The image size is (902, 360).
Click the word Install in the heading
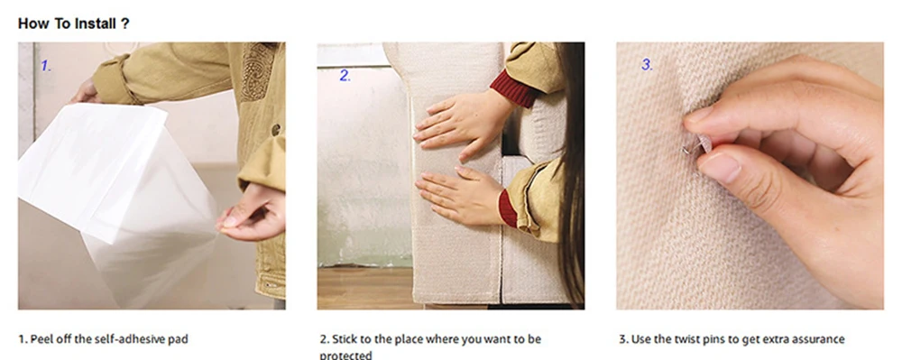(x=95, y=23)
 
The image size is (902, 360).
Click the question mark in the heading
(x=125, y=23)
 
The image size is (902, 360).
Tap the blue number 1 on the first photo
(x=45, y=66)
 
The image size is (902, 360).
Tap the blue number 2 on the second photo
(x=345, y=75)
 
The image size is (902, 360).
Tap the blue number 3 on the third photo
(x=647, y=65)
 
